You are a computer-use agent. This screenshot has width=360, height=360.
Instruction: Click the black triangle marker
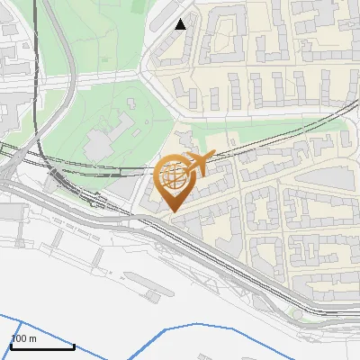[x=181, y=24]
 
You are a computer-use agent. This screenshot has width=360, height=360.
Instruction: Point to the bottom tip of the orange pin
[x=174, y=211]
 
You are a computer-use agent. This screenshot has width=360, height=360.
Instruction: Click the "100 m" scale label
[x=23, y=338]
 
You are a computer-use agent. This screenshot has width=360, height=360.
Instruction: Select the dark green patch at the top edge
[x=142, y=4]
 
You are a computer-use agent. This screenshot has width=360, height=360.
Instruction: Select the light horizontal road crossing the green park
[x=90, y=81]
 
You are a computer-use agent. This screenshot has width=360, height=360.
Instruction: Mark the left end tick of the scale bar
[x=11, y=344]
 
